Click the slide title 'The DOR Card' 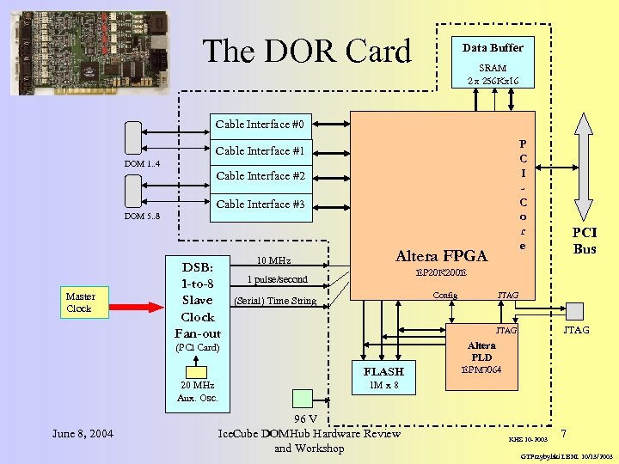[x=307, y=52]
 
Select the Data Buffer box [x=493, y=64]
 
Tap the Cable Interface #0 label [x=260, y=125]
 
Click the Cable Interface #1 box [x=260, y=151]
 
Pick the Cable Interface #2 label [x=260, y=176]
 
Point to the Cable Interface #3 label [x=260, y=205]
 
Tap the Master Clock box [x=79, y=302]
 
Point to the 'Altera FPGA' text [x=441, y=256]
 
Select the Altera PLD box [x=481, y=357]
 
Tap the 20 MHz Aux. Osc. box [x=198, y=391]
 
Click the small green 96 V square [x=303, y=397]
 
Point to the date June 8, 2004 [x=82, y=433]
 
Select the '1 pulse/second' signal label [x=277, y=279]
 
